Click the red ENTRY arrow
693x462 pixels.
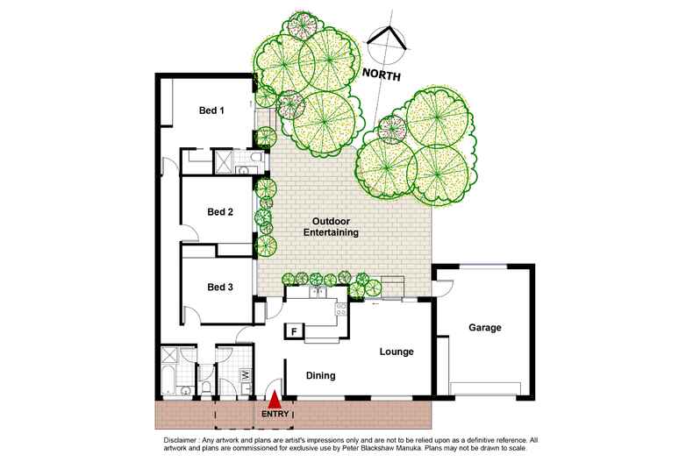point(275,398)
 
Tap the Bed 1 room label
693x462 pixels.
point(212,110)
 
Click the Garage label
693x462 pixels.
point(484,328)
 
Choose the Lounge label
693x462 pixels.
point(396,352)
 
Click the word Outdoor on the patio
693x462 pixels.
point(329,221)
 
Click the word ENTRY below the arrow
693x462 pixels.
point(275,412)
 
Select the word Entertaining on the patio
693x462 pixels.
point(329,233)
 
